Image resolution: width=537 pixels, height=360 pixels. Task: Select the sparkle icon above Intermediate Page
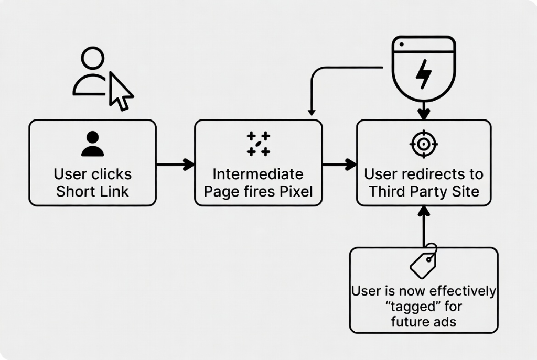[x=258, y=144]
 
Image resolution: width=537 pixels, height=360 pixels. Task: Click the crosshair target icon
[x=424, y=144]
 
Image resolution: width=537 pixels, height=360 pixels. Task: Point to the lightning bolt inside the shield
[x=424, y=74]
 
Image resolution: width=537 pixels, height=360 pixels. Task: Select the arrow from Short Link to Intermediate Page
[x=175, y=165]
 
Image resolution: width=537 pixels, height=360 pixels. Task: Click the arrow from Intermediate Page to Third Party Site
[x=339, y=165]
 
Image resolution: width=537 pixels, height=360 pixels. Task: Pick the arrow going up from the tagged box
[x=424, y=226]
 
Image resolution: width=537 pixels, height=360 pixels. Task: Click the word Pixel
[x=295, y=191]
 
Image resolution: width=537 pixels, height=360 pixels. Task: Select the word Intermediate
[x=257, y=174]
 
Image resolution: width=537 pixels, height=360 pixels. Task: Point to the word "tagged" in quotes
[x=424, y=306]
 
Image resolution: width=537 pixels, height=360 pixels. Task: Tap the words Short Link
[x=92, y=191]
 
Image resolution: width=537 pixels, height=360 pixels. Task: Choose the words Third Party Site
[x=424, y=191]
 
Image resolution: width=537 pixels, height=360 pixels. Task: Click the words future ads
[x=424, y=321]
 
